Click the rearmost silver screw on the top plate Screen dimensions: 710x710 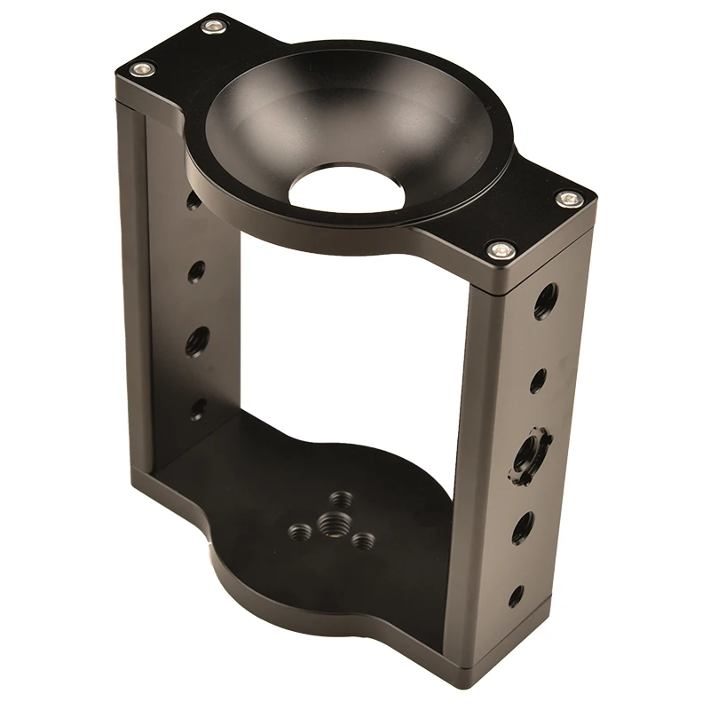[213, 26]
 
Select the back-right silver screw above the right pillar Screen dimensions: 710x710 [569, 199]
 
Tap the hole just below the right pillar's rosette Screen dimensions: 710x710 [523, 527]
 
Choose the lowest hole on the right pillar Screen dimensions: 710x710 [516, 596]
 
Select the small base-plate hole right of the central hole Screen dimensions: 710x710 [360, 540]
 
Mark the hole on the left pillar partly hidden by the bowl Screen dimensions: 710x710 [193, 201]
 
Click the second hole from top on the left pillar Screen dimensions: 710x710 [196, 271]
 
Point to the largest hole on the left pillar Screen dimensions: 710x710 [197, 341]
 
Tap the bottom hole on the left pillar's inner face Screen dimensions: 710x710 [198, 409]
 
